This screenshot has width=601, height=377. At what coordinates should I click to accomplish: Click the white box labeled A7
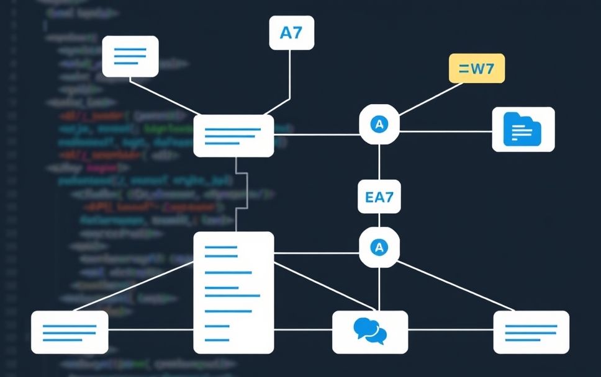click(x=291, y=32)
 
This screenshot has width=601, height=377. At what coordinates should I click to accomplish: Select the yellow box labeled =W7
click(x=476, y=68)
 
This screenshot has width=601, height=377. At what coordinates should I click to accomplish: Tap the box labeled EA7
click(x=379, y=198)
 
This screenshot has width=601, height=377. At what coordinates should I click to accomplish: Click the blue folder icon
click(x=523, y=129)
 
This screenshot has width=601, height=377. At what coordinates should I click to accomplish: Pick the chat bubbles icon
click(x=370, y=331)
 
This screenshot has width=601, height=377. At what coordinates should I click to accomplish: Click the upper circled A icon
click(x=379, y=124)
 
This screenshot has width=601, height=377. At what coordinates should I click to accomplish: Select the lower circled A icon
click(x=379, y=247)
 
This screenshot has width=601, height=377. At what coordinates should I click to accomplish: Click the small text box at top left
click(x=130, y=56)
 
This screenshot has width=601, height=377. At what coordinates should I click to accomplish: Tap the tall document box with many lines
click(x=233, y=292)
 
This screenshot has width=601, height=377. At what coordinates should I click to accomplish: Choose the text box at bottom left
click(x=70, y=332)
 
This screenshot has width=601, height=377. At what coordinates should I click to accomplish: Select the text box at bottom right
click(x=531, y=332)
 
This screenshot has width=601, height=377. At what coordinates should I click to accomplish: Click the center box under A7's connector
click(x=233, y=135)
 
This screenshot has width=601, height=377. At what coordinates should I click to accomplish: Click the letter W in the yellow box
click(x=479, y=68)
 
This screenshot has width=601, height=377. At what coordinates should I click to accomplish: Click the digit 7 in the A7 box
click(x=297, y=32)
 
